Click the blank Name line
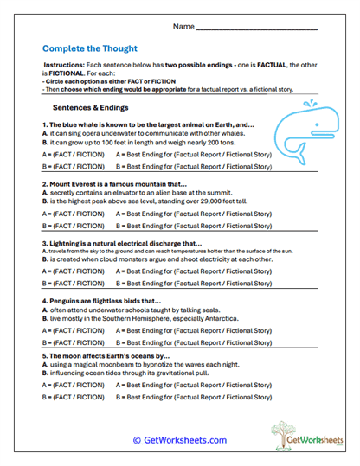click(257, 30)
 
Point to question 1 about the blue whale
click(147, 125)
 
